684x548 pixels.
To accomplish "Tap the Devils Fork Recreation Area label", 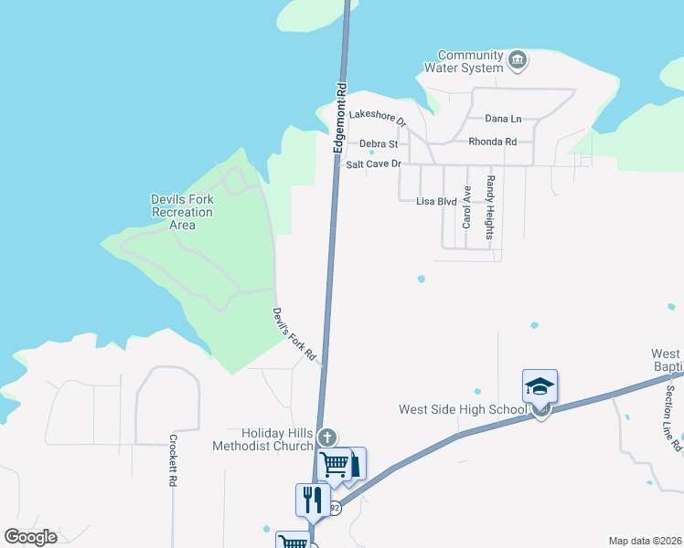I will [x=183, y=212].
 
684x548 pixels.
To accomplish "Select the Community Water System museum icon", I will [x=518, y=61].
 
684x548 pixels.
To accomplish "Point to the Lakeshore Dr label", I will [x=378, y=117].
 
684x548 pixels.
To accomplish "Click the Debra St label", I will [x=378, y=143].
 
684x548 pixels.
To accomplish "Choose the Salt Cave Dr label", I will [x=374, y=164].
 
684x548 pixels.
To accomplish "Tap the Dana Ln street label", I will [x=503, y=119].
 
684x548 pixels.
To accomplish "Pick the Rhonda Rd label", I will [x=492, y=142].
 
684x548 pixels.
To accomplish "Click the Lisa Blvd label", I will [x=436, y=201].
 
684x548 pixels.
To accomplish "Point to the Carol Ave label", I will [x=466, y=207].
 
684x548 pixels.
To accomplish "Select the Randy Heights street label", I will [x=490, y=207].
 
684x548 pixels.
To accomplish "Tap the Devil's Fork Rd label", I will [x=294, y=334].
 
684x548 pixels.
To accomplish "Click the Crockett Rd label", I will [x=172, y=459].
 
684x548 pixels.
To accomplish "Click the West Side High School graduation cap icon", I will [x=540, y=385].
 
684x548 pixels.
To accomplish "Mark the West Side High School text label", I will [x=462, y=409].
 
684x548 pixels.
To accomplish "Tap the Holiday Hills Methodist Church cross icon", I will [x=327, y=437].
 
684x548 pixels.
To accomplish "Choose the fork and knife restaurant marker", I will [x=312, y=500].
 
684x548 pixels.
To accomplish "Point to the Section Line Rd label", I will [x=671, y=411].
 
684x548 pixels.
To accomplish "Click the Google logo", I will [x=30, y=537].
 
